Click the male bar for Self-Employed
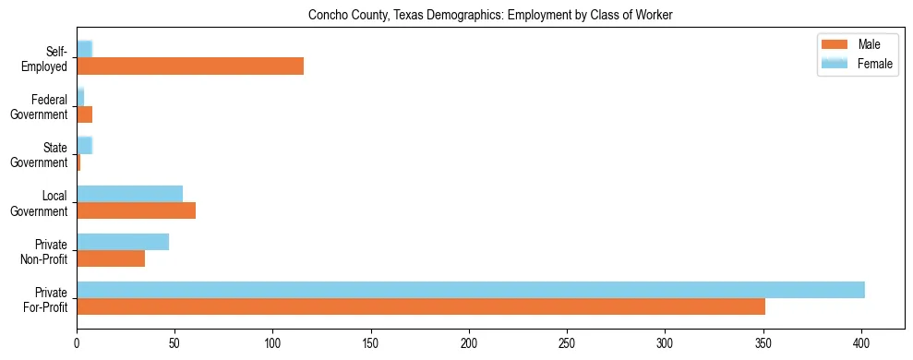click(x=190, y=66)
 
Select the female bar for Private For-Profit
click(x=471, y=290)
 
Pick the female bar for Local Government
click(x=129, y=194)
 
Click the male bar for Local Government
click(x=136, y=210)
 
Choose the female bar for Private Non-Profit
click(x=123, y=242)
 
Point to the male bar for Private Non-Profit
click(x=111, y=258)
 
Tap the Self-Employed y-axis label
click(x=46, y=58)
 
